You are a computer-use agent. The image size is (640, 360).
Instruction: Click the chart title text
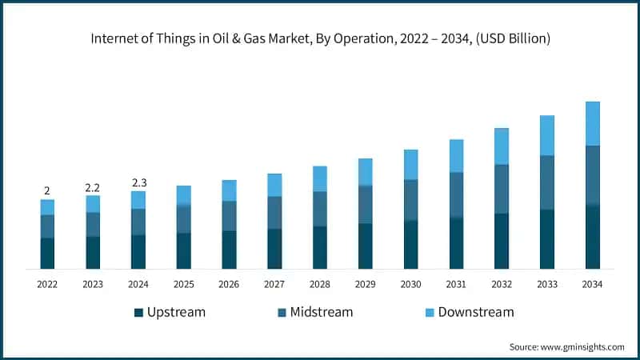tap(319, 38)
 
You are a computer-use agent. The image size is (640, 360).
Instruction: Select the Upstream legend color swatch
tap(138, 312)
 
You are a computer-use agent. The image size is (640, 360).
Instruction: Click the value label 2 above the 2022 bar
tap(47, 190)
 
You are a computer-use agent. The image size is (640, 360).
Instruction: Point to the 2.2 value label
tap(93, 187)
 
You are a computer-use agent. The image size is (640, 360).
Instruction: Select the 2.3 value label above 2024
tap(138, 183)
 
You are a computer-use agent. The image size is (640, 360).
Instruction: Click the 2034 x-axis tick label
tap(592, 284)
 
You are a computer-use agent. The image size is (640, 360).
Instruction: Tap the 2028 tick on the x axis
tap(320, 284)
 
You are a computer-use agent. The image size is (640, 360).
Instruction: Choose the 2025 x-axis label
tap(183, 284)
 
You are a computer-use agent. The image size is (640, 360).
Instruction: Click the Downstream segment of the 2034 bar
tap(593, 123)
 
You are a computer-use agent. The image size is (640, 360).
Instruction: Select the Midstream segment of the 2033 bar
tap(547, 182)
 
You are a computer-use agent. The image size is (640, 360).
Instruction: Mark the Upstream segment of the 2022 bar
tap(47, 253)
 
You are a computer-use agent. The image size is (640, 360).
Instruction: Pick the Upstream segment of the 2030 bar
tap(410, 244)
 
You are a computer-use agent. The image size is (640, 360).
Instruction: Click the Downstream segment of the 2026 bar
tap(229, 190)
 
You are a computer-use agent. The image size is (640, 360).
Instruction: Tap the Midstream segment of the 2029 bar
tap(365, 204)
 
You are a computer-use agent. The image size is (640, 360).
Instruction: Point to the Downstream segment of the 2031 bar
tap(456, 155)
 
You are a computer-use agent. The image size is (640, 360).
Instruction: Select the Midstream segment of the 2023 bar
tap(93, 224)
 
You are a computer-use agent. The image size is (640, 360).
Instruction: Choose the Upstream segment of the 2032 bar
tap(502, 241)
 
